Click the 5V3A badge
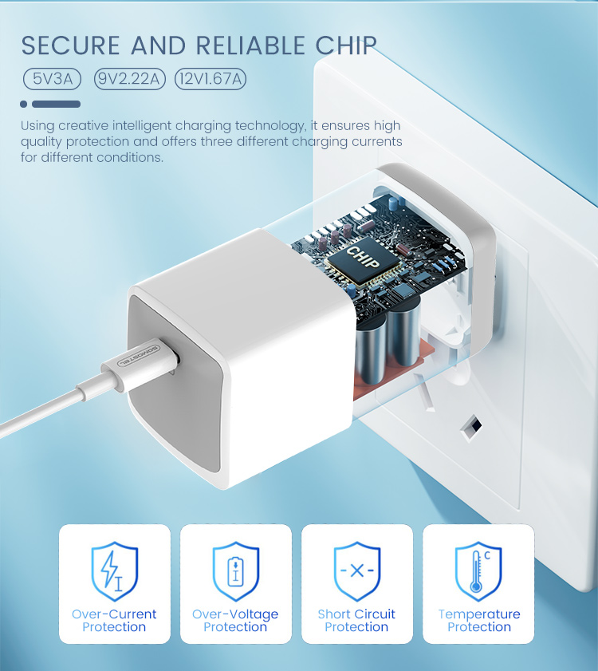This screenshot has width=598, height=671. [x=53, y=78]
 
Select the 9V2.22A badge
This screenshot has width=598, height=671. [x=129, y=78]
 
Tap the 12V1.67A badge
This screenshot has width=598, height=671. [x=210, y=78]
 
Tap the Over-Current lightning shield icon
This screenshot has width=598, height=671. [x=114, y=571]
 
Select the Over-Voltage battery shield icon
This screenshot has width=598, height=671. [x=235, y=571]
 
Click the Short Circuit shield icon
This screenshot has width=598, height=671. [x=356, y=571]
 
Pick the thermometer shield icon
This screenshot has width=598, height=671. [x=478, y=571]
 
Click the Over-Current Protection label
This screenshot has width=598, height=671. [x=114, y=621]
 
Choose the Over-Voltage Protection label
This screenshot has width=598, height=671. [x=235, y=621]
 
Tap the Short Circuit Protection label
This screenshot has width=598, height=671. [x=356, y=621]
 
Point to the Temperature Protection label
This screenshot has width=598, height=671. [x=478, y=621]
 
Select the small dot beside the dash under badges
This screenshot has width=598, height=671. [x=24, y=104]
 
